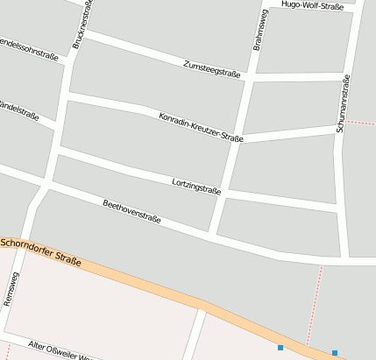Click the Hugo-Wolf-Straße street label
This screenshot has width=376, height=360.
312,5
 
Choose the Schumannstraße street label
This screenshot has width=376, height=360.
343,103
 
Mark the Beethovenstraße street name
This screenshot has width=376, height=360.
132,211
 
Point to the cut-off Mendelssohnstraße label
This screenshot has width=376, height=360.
28,50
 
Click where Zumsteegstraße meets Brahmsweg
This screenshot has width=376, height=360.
248,77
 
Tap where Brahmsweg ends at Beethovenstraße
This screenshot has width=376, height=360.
212,234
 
